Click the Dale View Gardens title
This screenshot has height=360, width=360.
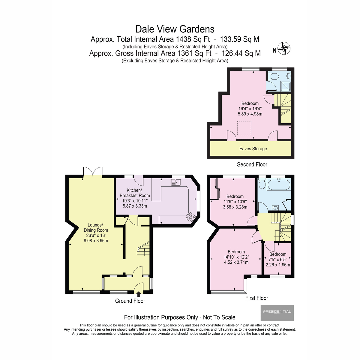pyautogui.click(x=175, y=29)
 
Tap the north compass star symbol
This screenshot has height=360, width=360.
pyautogui.click(x=284, y=48)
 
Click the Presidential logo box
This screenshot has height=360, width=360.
pyautogui.click(x=277, y=313)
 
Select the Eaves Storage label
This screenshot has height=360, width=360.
pyautogui.click(x=253, y=149)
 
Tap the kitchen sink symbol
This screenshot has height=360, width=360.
pyautogui.click(x=176, y=182)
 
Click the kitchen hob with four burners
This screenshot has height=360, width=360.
pyautogui.click(x=190, y=217)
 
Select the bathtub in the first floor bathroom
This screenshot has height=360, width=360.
pyautogui.click(x=279, y=184)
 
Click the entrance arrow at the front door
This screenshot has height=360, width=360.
pyautogui.click(x=138, y=294)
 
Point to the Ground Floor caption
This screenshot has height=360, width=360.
pyautogui.click(x=130, y=301)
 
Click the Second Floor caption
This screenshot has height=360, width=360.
pyautogui.click(x=252, y=164)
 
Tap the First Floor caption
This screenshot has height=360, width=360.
pyautogui.click(x=256, y=298)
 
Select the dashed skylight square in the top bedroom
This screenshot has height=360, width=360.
pyautogui.click(x=244, y=128)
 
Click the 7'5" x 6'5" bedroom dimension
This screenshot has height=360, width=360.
pyautogui.click(x=278, y=259)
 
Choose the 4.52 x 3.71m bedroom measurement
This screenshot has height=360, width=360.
pyautogui.click(x=236, y=262)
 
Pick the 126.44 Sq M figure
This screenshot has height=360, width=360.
pyautogui.click(x=241, y=53)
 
